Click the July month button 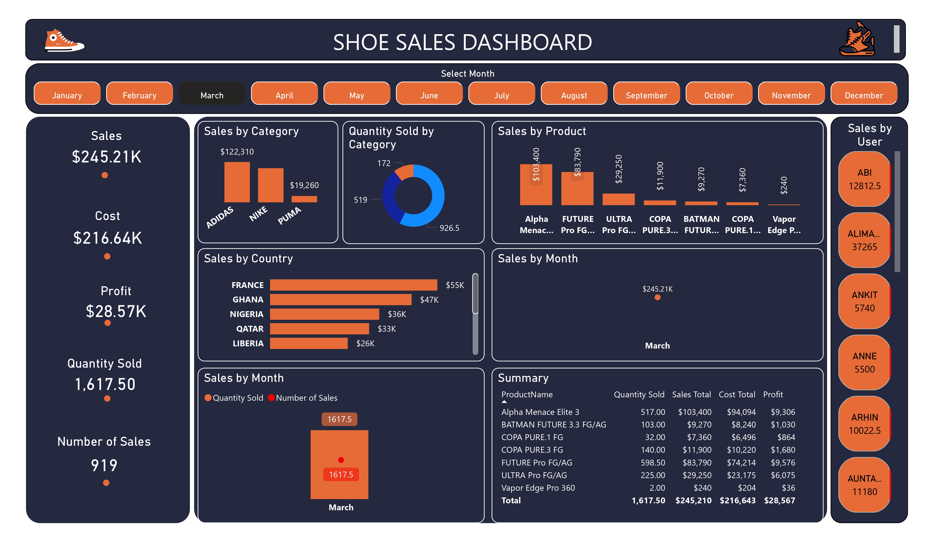(x=501, y=95)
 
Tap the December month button (x=864, y=95)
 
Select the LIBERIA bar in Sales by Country (x=308, y=343)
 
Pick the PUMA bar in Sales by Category (x=304, y=199)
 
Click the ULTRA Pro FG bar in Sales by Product (x=618, y=199)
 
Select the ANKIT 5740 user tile (x=864, y=301)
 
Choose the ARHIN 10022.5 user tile (x=864, y=424)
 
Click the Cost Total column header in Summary (x=736, y=394)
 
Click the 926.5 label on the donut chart (x=449, y=228)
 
